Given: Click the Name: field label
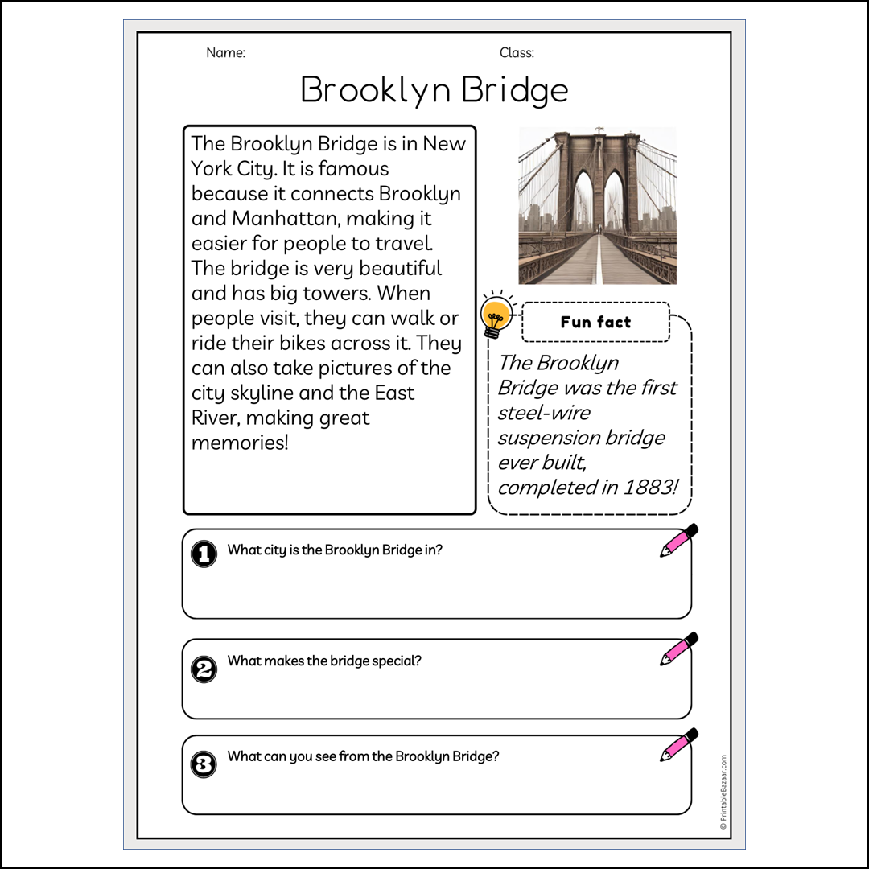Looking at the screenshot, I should point(225,53).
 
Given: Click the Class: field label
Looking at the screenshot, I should point(517,53).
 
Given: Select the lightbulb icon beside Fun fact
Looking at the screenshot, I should point(496,315).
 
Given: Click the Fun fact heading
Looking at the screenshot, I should point(595,323).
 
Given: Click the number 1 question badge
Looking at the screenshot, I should point(204,554).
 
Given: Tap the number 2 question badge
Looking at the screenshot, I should point(204,669).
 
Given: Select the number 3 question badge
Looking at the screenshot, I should point(204,764).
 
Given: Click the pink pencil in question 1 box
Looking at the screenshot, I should point(678,541).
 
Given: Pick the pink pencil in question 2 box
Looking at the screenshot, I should point(678,649).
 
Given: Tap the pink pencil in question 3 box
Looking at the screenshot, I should point(678,745).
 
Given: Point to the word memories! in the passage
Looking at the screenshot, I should point(239,443).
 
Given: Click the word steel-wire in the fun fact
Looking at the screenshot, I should point(544,413).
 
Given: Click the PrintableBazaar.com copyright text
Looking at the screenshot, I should point(723,792).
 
